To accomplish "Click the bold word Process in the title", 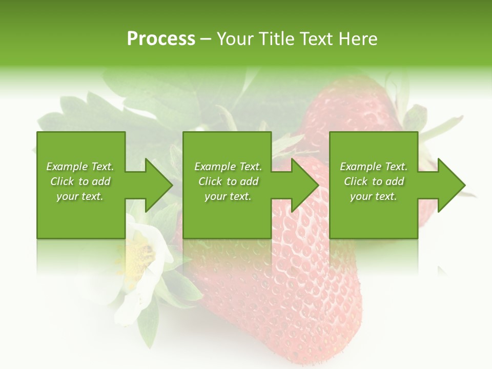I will [161, 39].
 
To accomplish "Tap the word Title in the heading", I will [276, 39].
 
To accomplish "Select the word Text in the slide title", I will [316, 39].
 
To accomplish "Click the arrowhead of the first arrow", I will [159, 185].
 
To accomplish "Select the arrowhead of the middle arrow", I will [305, 185].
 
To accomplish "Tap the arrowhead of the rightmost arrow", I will [451, 185].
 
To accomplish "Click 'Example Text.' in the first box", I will [80, 167].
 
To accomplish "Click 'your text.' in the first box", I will [80, 196].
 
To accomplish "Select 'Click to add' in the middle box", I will [228, 181].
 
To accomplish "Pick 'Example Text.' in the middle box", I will [228, 167].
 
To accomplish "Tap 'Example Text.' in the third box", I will [374, 167].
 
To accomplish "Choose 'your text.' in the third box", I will [374, 196].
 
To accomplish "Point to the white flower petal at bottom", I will [128, 307].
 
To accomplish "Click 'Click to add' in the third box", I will [374, 181].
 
